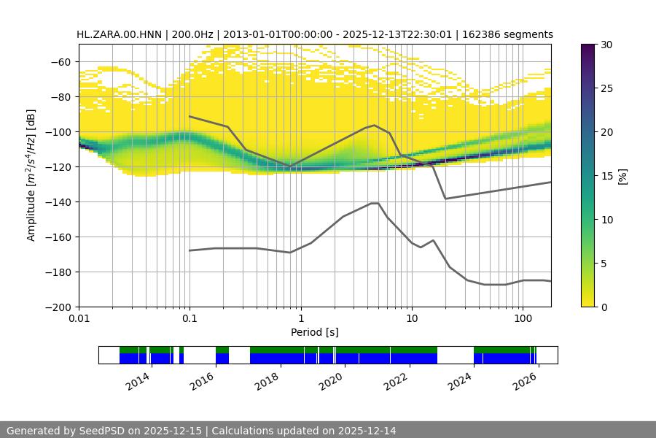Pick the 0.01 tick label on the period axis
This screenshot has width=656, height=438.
pos(79,319)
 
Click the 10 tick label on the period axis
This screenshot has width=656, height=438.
pos(412,319)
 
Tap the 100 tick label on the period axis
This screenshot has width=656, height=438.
pos(523,319)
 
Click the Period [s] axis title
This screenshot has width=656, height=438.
pos(315,332)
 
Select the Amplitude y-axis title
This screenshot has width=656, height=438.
pos(31,175)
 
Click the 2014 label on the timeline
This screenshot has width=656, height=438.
pos(138,380)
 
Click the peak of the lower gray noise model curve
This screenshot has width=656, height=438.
pos(375,203)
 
